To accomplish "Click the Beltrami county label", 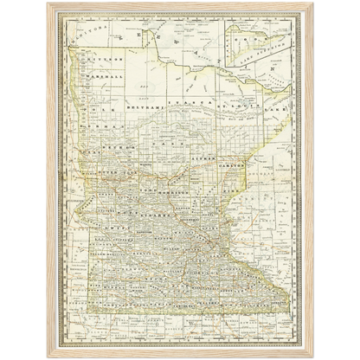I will pyautogui.click(x=141, y=104).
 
